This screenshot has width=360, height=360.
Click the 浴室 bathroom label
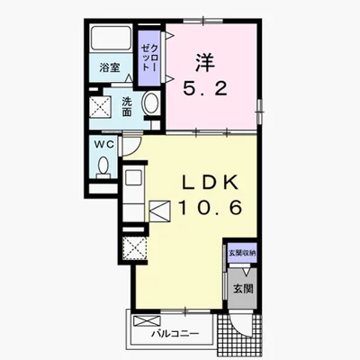[110, 67]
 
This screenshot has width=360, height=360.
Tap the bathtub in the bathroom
[111, 38]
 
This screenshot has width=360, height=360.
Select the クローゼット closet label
[148, 58]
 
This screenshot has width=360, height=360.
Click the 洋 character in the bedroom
[205, 62]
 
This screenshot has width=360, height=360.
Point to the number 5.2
[205, 88]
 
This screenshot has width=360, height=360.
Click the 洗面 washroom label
[127, 107]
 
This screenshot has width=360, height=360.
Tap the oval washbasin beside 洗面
[150, 103]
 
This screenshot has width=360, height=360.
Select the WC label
[104, 145]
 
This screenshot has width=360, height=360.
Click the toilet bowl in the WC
[103, 166]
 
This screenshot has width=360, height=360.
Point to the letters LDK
[211, 183]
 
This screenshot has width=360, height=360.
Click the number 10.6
[211, 208]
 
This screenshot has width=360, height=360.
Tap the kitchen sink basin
[133, 177]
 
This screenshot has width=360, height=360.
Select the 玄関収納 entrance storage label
[242, 253]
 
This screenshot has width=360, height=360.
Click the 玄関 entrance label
[243, 289]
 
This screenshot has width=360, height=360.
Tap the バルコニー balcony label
[175, 334]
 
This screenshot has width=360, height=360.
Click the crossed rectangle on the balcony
[145, 320]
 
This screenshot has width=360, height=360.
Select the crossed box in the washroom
[101, 106]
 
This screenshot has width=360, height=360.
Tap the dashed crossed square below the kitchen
[135, 248]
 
